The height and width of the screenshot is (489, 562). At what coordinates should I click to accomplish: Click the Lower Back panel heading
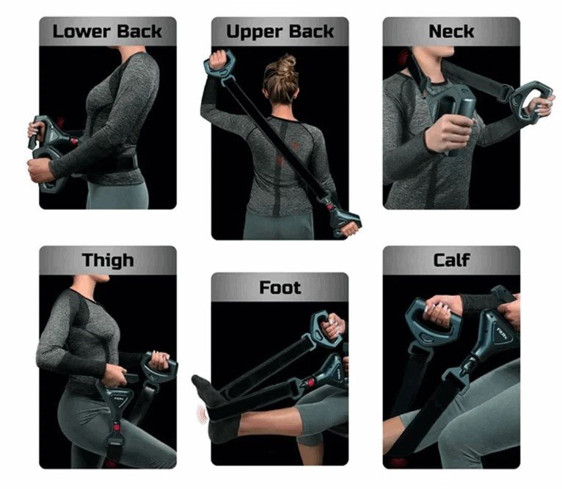[x=107, y=32]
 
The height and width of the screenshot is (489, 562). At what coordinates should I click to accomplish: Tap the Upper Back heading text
[x=280, y=32]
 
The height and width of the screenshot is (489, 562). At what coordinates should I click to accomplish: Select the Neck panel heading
[x=451, y=32]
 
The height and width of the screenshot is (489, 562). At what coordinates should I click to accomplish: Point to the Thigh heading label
[x=108, y=260]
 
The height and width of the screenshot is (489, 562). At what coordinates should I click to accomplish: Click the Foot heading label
[x=280, y=287]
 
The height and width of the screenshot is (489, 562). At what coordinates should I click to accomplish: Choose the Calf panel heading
[x=451, y=260]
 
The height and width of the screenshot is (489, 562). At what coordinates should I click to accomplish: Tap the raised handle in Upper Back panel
[x=219, y=64]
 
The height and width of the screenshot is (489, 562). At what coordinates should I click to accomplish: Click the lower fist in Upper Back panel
[x=350, y=228]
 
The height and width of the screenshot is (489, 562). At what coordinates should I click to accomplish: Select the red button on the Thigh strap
[x=116, y=427]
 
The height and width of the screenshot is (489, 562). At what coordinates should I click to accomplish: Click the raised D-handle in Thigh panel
[x=158, y=367]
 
